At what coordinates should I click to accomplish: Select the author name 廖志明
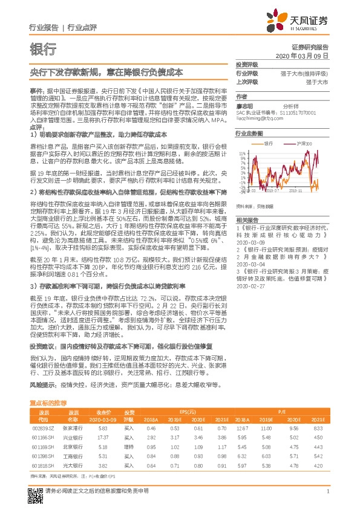(243, 104)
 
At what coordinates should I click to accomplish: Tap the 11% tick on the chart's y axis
(241, 154)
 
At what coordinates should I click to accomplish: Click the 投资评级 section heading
(246, 64)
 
